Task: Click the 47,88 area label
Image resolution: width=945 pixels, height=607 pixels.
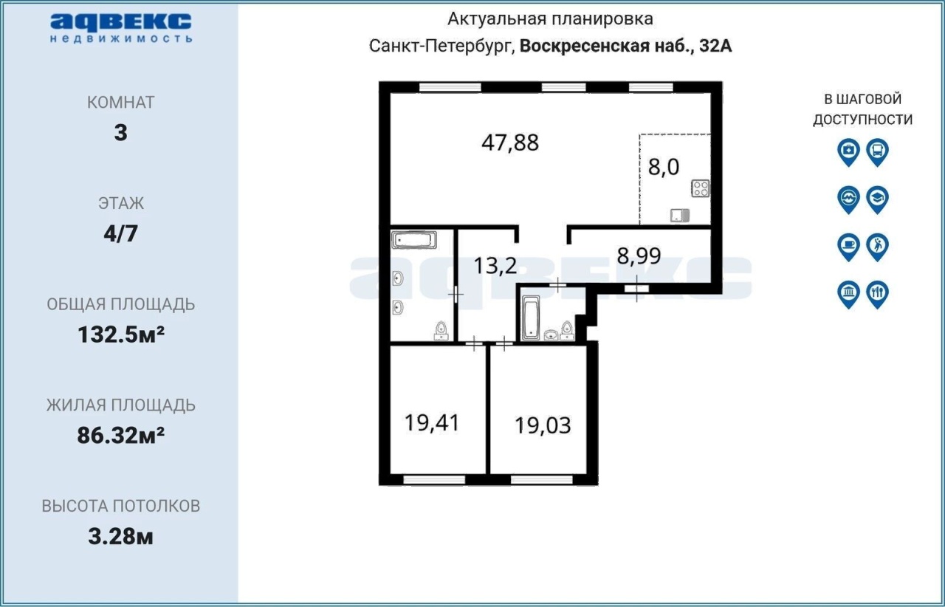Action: coord(510,143)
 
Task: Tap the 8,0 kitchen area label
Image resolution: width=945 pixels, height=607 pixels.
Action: coord(664,167)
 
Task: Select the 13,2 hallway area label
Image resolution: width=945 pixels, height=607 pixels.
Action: coord(495,266)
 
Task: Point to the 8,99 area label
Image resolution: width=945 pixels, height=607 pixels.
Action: coord(639,256)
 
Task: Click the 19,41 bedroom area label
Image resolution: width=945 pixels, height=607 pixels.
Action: coord(432,423)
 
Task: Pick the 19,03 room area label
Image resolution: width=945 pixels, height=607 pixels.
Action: coord(543,425)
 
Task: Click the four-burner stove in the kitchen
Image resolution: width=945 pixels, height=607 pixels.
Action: coord(701,188)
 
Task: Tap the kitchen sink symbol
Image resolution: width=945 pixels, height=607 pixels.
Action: coord(680,216)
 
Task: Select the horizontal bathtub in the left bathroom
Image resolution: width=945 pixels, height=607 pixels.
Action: coord(414,240)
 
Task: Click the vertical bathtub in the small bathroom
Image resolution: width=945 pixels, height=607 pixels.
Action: coord(531,318)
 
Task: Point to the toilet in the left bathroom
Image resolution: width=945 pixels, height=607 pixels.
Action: coord(441,331)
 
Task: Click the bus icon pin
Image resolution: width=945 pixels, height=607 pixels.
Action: coord(878,152)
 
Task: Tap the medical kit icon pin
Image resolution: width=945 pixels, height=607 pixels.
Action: coord(848,152)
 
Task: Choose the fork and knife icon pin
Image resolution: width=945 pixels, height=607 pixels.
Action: coord(878,295)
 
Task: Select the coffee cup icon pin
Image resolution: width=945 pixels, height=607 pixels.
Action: coord(848,247)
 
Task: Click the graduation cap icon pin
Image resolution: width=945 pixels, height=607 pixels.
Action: coord(878,199)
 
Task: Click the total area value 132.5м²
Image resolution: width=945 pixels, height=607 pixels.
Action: coord(121,335)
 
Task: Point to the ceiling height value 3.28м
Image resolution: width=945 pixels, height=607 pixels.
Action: coord(120,537)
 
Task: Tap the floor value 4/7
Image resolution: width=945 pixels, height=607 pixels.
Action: coord(120,233)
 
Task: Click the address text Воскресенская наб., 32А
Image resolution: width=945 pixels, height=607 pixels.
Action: coord(625,46)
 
